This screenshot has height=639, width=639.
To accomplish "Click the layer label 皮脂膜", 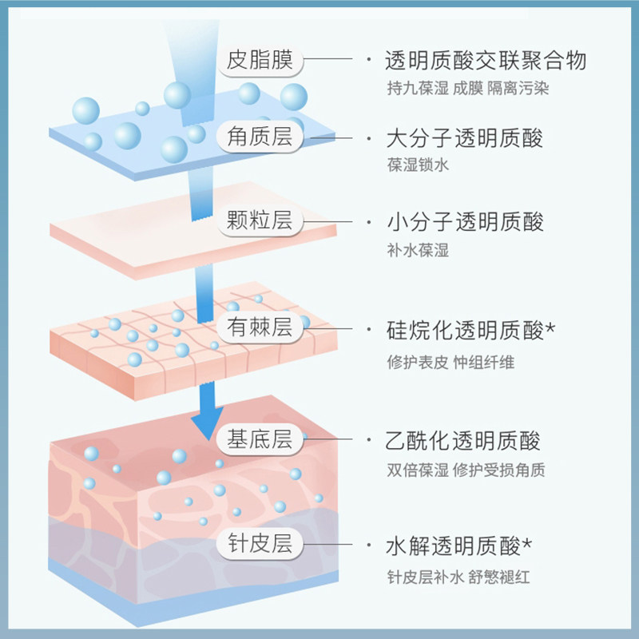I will coord(260,60).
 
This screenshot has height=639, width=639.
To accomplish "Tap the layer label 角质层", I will coord(260,138).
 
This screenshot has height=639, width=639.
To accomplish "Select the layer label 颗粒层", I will coord(260,221).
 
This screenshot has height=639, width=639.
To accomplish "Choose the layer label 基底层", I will coord(260,439).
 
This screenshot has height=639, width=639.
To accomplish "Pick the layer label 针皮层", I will coord(260,545).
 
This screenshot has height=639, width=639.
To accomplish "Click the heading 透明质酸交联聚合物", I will coord(486,61).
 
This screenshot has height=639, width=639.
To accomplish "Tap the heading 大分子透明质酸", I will coord(464,138).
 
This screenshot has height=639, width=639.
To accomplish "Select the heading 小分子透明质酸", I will coord(464,221).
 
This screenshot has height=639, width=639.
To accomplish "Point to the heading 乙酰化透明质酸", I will coord(464,440).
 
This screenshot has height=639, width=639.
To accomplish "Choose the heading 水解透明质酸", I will coord(454,546).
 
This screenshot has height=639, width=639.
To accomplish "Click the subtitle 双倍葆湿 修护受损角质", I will coord(465,470).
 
